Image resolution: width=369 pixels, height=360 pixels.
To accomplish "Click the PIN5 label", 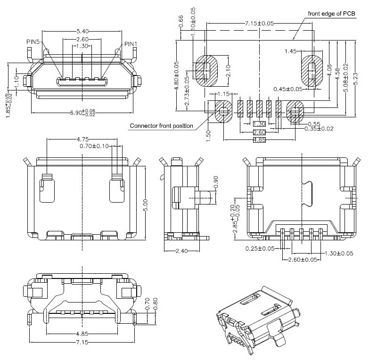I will tap(33, 42).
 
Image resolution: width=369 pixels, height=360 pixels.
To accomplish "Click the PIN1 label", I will tap(131, 44).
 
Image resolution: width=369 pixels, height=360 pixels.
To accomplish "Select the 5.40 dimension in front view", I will tap(82, 31).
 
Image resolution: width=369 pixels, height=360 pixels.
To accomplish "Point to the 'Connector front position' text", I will tap(161, 126).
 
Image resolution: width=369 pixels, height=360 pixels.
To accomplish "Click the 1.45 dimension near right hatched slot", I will tap(290, 51).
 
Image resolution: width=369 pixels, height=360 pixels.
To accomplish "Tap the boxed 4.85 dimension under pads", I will tap(259, 140).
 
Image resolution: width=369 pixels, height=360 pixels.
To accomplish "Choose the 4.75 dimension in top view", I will tap(82, 139).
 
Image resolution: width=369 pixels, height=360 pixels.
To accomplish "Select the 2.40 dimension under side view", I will tap(181, 251).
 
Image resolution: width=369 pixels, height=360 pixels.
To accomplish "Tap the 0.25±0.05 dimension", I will tap(260, 248).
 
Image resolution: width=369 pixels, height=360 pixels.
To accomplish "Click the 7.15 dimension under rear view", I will tap(82, 343).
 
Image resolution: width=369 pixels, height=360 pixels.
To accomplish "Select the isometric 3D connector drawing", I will tap(256, 323).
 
